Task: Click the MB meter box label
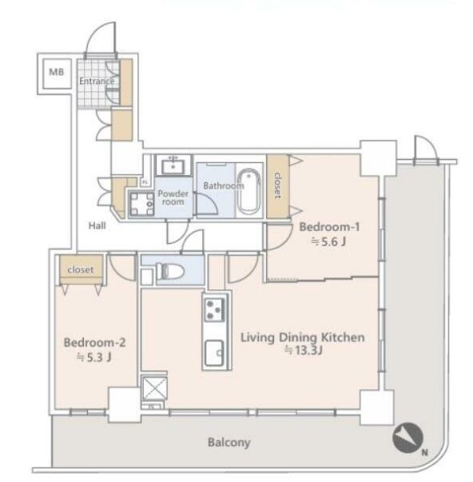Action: pyautogui.click(x=57, y=72)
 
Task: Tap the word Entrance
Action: pyautogui.click(x=97, y=82)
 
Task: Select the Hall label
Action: pyautogui.click(x=97, y=225)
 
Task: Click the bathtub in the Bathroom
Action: pyautogui.click(x=248, y=191)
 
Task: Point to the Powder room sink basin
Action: pyautogui.click(x=173, y=166)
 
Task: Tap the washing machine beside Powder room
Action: pyautogui.click(x=141, y=204)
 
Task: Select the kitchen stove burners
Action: pyautogui.click(x=214, y=309)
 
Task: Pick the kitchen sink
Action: pyautogui.click(x=214, y=353)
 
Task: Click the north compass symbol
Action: pyautogui.click(x=407, y=438)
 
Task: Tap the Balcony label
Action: pyautogui.click(x=229, y=443)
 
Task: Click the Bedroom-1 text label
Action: pyautogui.click(x=329, y=227)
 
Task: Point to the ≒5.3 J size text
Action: pyautogui.click(x=93, y=357)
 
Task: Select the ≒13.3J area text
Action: pyautogui.click(x=304, y=350)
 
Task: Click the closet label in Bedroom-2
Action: pyautogui.click(x=81, y=270)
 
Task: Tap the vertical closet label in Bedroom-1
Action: pyautogui.click(x=277, y=185)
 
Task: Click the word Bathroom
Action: pyautogui.click(x=224, y=185)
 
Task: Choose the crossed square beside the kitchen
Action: pyautogui.click(x=154, y=388)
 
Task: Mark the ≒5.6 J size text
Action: pyautogui.click(x=328, y=242)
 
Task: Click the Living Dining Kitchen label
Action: pyautogui.click(x=303, y=337)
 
